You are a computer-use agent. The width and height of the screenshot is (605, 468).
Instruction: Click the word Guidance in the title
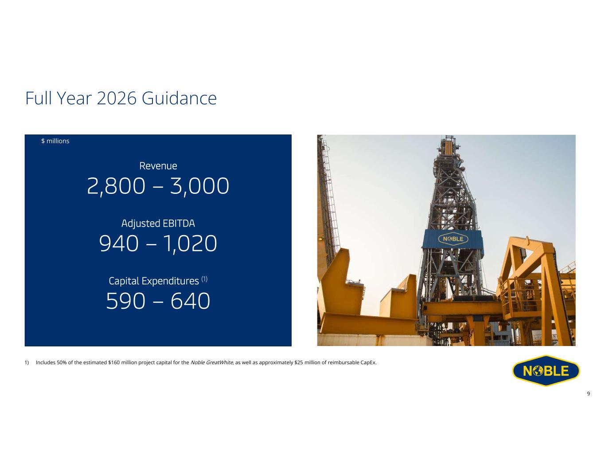(179, 98)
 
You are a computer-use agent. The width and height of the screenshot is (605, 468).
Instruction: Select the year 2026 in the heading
(117, 98)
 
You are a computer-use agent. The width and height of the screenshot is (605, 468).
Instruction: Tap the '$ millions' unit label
(55, 141)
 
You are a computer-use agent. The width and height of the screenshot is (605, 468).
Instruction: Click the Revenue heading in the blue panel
(158, 166)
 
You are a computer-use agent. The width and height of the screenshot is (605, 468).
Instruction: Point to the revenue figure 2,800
(116, 186)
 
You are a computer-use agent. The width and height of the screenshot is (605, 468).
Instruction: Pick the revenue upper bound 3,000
(199, 186)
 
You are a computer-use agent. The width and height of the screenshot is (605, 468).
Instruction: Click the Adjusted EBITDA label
(158, 224)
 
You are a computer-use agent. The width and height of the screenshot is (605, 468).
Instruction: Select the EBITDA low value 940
(119, 243)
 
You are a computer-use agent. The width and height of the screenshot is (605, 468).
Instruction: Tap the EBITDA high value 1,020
(190, 244)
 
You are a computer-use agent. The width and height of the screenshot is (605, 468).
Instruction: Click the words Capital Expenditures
(154, 281)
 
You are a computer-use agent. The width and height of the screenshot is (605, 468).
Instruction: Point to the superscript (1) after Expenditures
(204, 279)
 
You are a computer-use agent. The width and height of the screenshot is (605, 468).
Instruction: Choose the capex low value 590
(125, 301)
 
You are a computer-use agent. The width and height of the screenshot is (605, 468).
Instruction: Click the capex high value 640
(191, 301)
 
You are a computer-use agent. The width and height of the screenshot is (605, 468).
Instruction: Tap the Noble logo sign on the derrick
(453, 239)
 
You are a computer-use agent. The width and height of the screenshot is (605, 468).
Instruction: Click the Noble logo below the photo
(546, 370)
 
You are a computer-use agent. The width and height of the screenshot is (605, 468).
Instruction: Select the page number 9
(588, 393)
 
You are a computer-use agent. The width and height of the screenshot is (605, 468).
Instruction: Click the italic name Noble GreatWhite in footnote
(211, 362)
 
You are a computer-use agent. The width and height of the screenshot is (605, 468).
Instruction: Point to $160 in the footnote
(114, 362)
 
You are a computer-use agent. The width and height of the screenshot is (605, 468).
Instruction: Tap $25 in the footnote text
(299, 362)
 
